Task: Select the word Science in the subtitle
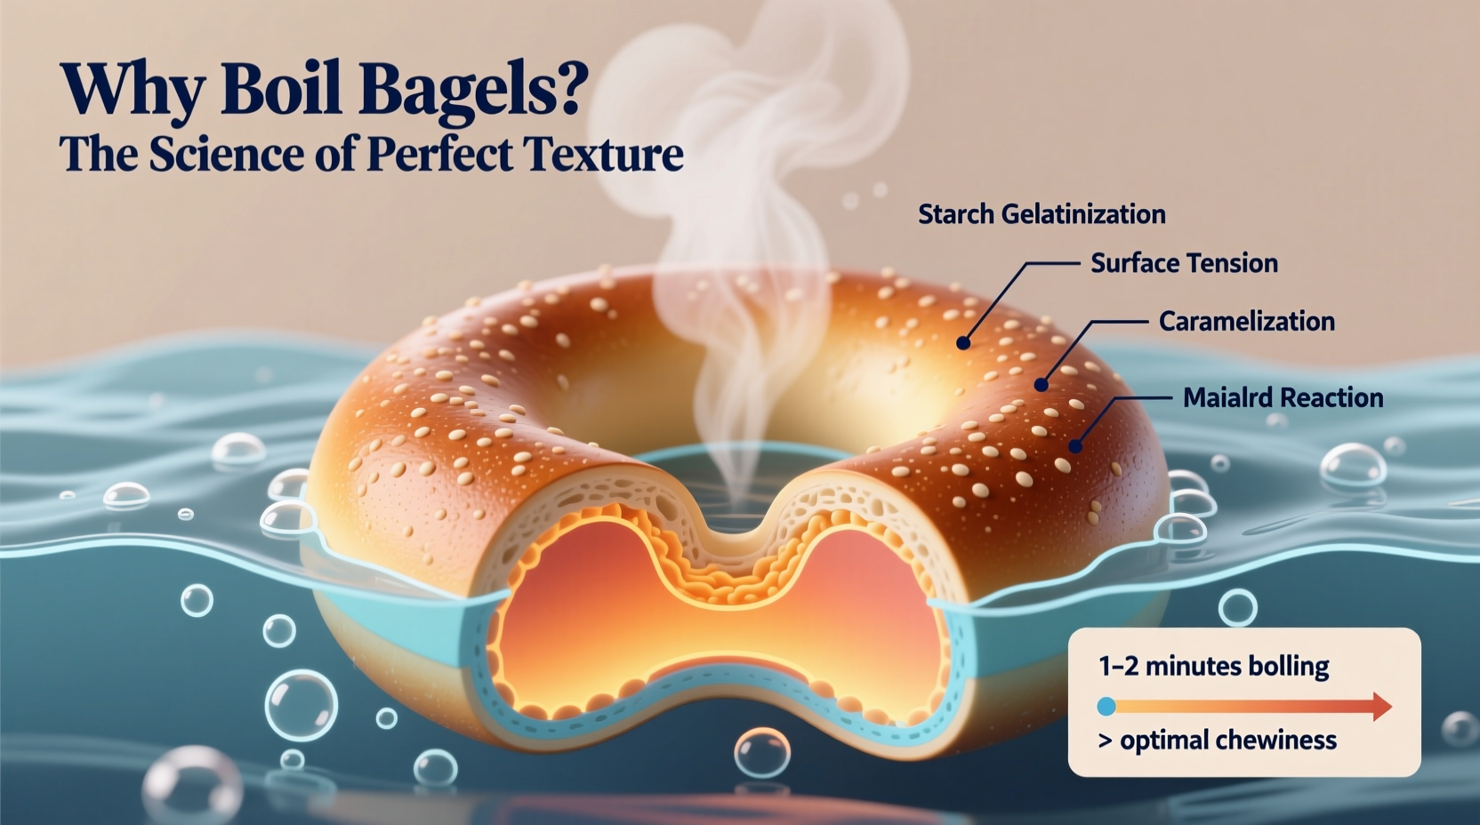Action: pos(226,154)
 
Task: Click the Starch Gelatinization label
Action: pos(1042,214)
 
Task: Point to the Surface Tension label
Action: pos(1184,263)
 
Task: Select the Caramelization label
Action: pos(1246,322)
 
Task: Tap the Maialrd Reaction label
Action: pos(1283,398)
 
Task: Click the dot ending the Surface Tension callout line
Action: pos(963,342)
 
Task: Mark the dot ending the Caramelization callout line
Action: pos(1041,385)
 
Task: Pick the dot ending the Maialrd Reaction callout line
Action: pos(1075,446)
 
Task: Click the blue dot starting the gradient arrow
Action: pos(1106,707)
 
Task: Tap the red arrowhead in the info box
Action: pos(1381,707)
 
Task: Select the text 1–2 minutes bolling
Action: pos(1213,666)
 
